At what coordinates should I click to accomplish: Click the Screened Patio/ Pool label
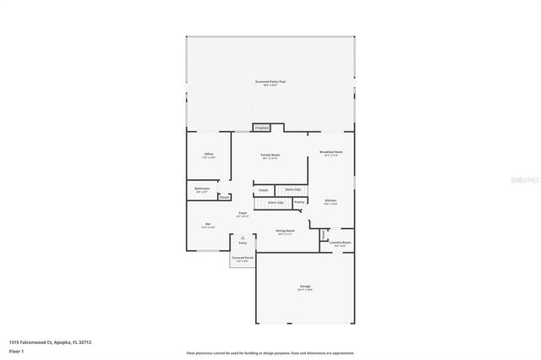(x=270, y=83)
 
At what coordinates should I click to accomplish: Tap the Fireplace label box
(x=262, y=128)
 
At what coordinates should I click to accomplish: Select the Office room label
(x=209, y=155)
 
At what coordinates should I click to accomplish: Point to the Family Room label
(x=270, y=156)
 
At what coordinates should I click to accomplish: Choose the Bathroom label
(x=202, y=189)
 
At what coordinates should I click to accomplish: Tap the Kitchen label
(x=331, y=202)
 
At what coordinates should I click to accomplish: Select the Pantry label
(x=299, y=202)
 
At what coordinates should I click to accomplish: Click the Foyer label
(x=243, y=214)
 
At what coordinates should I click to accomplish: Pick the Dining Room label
(x=285, y=231)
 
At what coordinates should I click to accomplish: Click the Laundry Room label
(x=340, y=243)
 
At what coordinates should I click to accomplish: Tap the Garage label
(x=304, y=287)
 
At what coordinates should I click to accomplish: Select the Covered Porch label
(x=243, y=258)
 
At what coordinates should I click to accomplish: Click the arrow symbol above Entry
(x=243, y=237)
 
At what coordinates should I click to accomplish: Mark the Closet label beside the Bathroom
(x=224, y=197)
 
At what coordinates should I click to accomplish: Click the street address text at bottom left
(x=50, y=342)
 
